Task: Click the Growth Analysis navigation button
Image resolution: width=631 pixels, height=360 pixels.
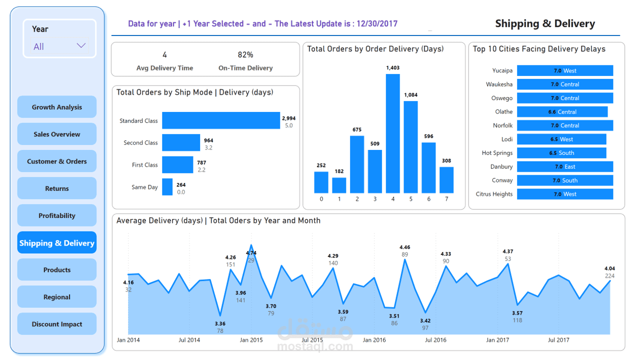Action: click(57, 107)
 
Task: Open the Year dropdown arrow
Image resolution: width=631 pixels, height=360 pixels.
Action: click(81, 46)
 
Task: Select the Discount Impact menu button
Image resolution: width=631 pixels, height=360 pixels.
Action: click(57, 324)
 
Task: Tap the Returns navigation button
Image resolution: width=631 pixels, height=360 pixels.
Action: click(57, 188)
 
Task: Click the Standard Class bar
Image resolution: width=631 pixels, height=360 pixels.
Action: click(220, 120)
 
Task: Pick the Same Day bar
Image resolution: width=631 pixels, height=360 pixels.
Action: click(167, 187)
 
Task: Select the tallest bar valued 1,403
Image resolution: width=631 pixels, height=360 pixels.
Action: click(392, 133)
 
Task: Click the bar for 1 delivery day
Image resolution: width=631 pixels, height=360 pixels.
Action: click(339, 185)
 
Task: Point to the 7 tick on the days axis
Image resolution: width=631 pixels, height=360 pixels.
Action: click(446, 199)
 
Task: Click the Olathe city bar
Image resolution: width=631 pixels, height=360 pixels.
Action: click(562, 112)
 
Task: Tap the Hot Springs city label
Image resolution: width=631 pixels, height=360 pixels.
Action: click(497, 153)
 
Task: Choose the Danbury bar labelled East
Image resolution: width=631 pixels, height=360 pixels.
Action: click(564, 166)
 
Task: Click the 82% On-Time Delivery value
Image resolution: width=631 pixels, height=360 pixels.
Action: click(245, 54)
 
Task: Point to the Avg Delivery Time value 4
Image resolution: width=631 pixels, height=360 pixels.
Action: click(164, 54)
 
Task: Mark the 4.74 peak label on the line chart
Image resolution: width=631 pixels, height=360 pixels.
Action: click(250, 253)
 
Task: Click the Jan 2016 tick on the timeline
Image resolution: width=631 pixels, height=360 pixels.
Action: click(374, 340)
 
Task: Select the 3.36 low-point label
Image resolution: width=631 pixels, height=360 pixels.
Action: click(220, 323)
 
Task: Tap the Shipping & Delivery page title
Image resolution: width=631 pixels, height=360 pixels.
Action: click(545, 23)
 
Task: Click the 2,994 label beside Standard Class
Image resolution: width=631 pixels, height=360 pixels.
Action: click(288, 118)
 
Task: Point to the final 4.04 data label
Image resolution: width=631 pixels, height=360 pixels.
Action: click(609, 268)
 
